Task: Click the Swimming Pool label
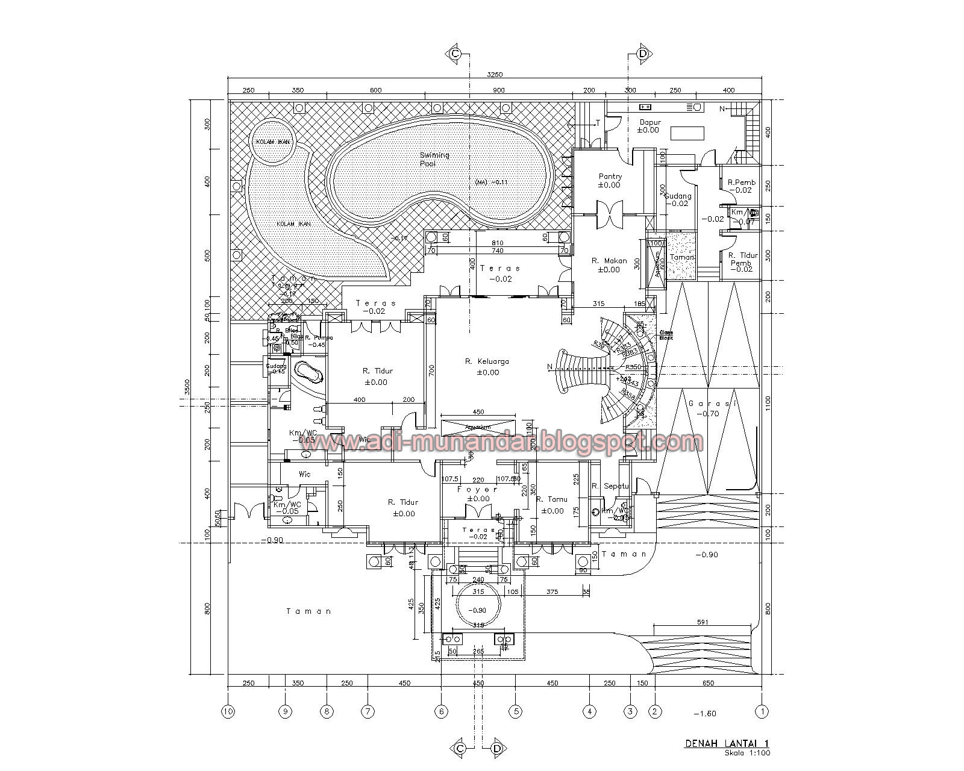(x=434, y=159)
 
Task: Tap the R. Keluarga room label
(x=487, y=361)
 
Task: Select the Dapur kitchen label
(x=650, y=122)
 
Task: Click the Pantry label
(x=610, y=176)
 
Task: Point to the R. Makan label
(x=609, y=261)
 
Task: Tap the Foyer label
(x=478, y=490)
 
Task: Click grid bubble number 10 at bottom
(x=228, y=711)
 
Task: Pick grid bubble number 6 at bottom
(x=441, y=711)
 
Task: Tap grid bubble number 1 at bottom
(x=763, y=711)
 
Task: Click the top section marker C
(x=455, y=54)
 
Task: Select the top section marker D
(x=643, y=54)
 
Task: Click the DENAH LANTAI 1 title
(x=727, y=744)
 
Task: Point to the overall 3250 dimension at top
(x=495, y=75)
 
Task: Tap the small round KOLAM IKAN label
(x=272, y=141)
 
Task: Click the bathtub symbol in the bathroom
(x=308, y=372)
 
